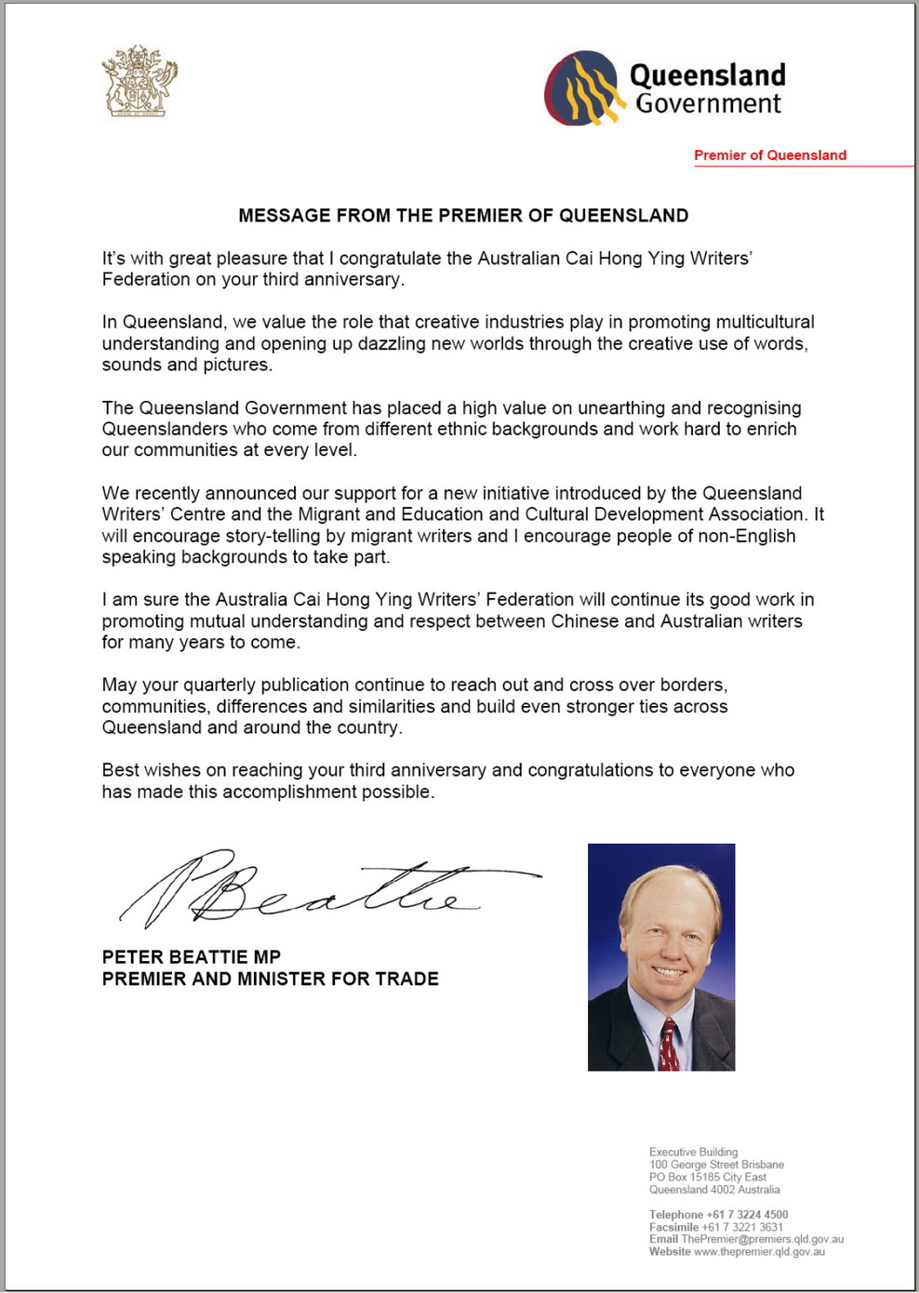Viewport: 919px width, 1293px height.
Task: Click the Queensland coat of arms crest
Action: [139, 81]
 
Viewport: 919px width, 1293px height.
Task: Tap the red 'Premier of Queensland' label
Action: [770, 155]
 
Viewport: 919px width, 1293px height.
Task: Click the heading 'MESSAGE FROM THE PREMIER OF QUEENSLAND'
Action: [463, 216]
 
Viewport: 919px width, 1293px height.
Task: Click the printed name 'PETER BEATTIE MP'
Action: [192, 957]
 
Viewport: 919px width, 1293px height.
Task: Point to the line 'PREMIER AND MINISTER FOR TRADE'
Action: [270, 980]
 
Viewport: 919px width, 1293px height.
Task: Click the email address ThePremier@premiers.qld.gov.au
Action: [762, 1239]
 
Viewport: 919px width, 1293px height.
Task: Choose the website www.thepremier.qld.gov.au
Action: [759, 1252]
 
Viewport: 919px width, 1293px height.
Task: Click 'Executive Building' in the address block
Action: [693, 1153]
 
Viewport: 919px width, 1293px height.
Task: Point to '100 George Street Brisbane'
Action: [716, 1165]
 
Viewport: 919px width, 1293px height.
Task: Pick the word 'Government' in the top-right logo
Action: [709, 104]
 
